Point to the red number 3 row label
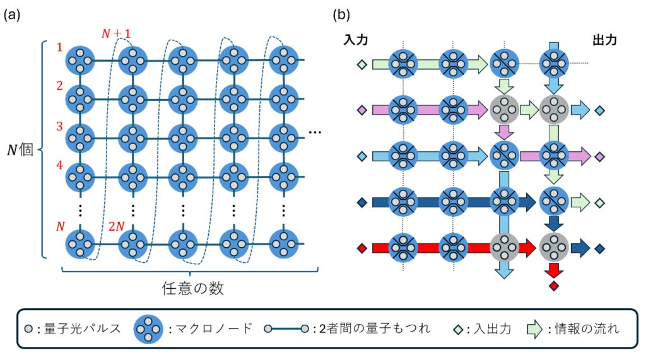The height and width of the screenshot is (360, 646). pos(59,126)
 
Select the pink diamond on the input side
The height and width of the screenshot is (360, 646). pos(361,111)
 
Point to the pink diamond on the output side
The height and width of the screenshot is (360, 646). pos(600,156)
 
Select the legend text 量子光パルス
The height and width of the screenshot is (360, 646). pos(79,328)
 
